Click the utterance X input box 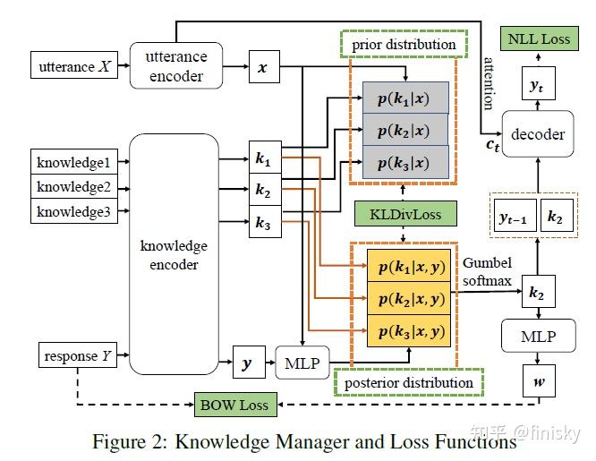tap(74, 65)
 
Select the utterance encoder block tap(176, 65)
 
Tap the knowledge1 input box tap(74, 162)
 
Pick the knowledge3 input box tap(74, 210)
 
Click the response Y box tap(78, 354)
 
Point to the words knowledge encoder tap(174, 255)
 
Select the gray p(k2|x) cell tap(405, 130)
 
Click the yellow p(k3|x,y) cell tap(409, 331)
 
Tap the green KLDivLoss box tap(405, 214)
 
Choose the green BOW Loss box tap(235, 405)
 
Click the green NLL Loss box tap(540, 38)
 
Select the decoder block tap(538, 134)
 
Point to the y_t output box tap(539, 83)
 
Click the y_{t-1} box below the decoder tap(515, 216)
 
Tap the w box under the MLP tap(539, 381)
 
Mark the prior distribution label tap(404, 44)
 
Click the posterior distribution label tap(409, 382)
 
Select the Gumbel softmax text tap(488, 271)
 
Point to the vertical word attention tap(489, 83)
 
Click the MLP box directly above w tap(538, 336)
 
